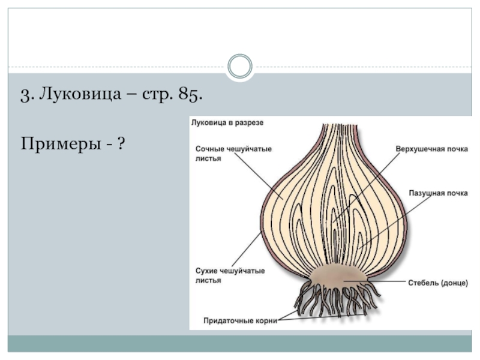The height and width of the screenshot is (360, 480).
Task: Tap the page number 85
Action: (190, 95)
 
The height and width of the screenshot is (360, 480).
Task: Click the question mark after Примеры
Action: (121, 144)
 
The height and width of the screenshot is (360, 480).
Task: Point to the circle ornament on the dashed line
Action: (240, 67)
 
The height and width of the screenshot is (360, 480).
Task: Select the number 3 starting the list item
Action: (25, 95)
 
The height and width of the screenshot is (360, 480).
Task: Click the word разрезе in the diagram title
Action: (248, 122)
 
